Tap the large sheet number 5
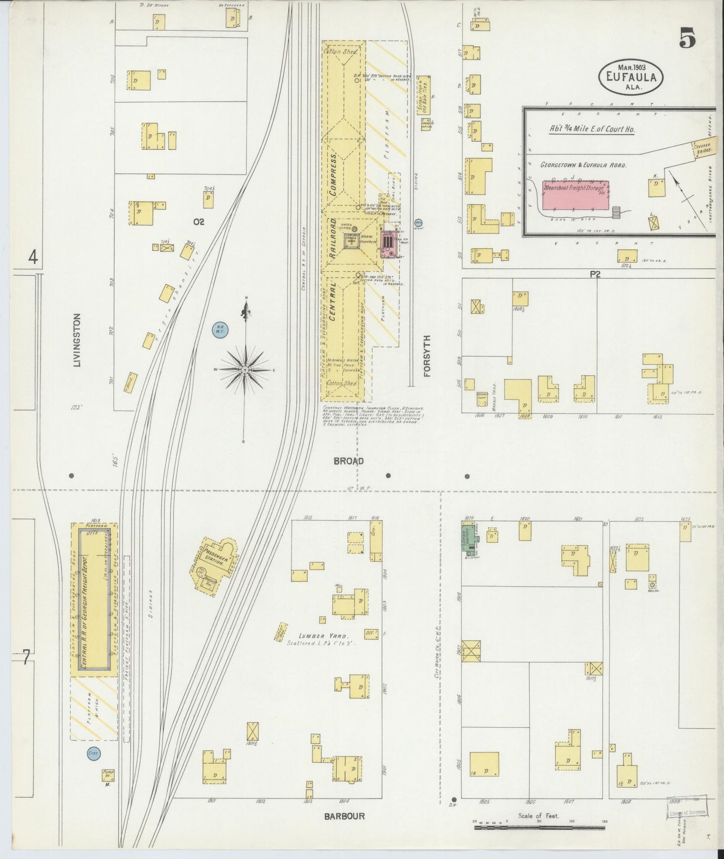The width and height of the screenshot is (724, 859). [x=687, y=38]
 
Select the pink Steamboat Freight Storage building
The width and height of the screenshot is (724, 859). [x=575, y=195]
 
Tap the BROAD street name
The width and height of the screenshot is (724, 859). [x=349, y=461]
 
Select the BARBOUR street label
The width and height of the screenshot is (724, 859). [x=344, y=816]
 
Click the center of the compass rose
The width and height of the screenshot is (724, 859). [x=245, y=370]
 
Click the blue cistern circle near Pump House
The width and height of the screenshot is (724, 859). [x=93, y=753]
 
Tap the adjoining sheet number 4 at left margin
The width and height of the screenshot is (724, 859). [x=33, y=258]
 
